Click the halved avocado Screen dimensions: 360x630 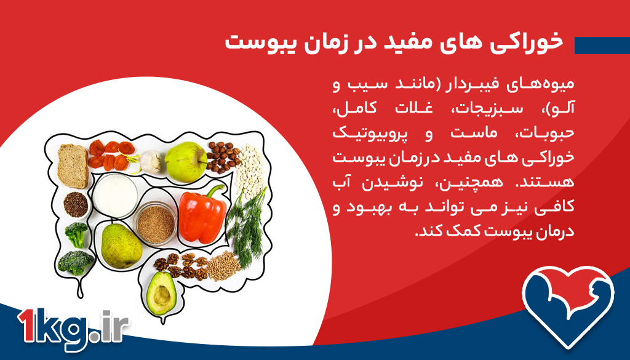click(162, 291)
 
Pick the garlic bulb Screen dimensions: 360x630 click(150, 162)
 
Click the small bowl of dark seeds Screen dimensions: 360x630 click(76, 204)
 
